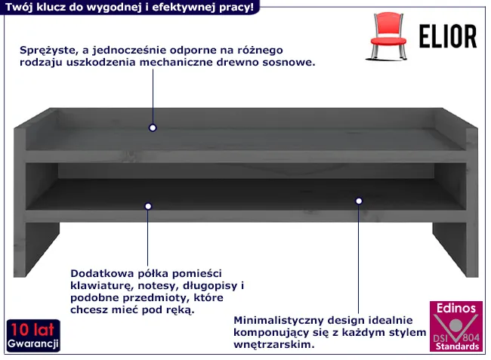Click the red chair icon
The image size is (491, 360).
[388, 36]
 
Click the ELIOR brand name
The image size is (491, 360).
[448, 36]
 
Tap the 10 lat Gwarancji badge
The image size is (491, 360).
[33, 336]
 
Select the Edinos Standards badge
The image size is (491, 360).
[456, 326]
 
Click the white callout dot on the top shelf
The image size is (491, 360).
[153, 128]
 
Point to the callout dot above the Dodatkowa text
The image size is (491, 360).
[148, 206]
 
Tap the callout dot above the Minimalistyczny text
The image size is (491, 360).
[359, 201]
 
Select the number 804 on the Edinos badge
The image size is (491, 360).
[471, 337]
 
